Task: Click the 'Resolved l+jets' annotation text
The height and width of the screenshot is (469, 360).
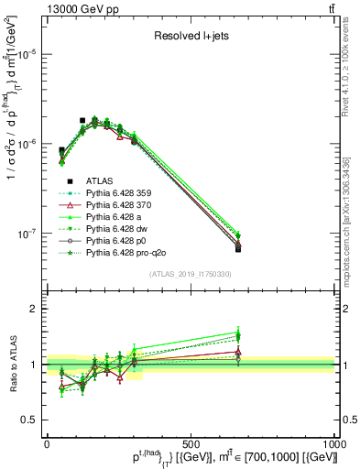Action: coord(190,38)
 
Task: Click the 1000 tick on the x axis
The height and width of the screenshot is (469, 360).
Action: coord(334,443)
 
